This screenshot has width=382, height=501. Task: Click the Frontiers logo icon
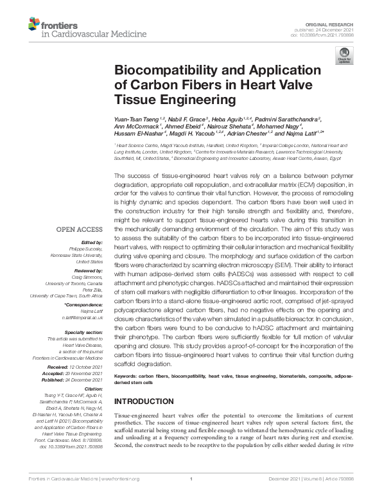33,25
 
